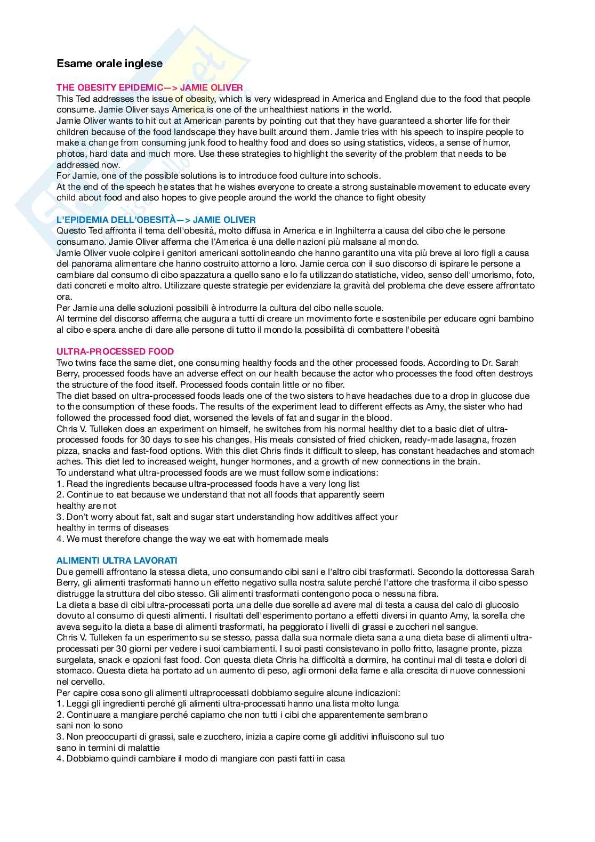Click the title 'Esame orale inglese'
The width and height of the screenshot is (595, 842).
109,63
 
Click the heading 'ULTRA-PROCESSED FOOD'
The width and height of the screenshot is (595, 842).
115,351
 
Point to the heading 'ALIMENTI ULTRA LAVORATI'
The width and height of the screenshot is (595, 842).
117,560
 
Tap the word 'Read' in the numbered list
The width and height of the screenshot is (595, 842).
76,484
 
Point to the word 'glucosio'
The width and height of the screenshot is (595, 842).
501,605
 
